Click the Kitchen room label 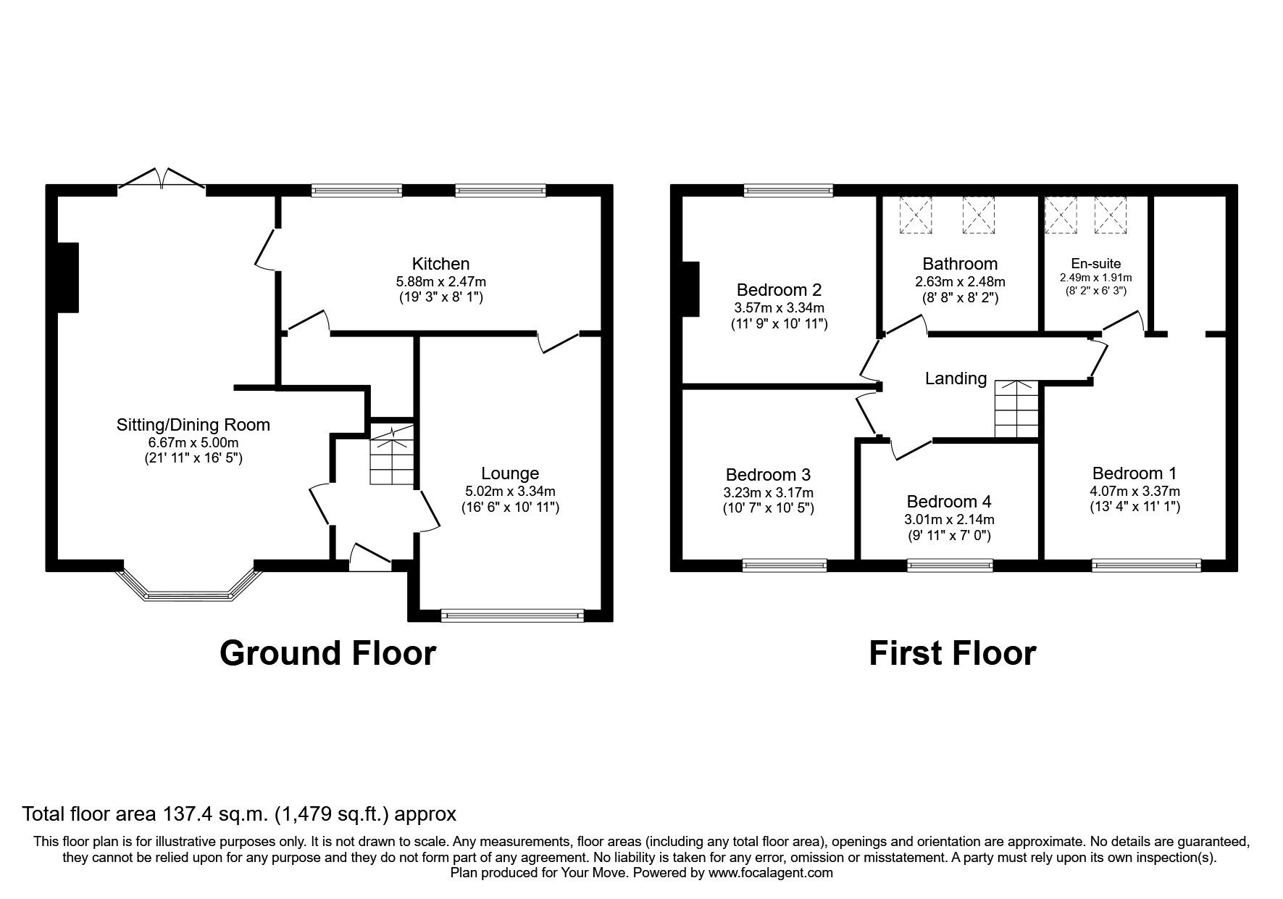(x=440, y=264)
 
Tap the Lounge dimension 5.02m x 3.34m (x=510, y=491)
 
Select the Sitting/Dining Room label (x=193, y=425)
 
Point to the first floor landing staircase (x=1016, y=410)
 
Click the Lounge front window (x=511, y=616)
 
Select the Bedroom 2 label (x=779, y=290)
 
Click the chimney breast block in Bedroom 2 (x=690, y=289)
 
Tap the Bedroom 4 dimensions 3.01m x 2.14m (x=948, y=519)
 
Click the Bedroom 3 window (x=785, y=565)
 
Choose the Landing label (x=956, y=378)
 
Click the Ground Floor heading (x=327, y=652)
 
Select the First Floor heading (x=952, y=652)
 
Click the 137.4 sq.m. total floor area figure (x=214, y=814)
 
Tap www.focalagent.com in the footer (x=770, y=873)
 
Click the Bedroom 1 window (x=1146, y=565)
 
